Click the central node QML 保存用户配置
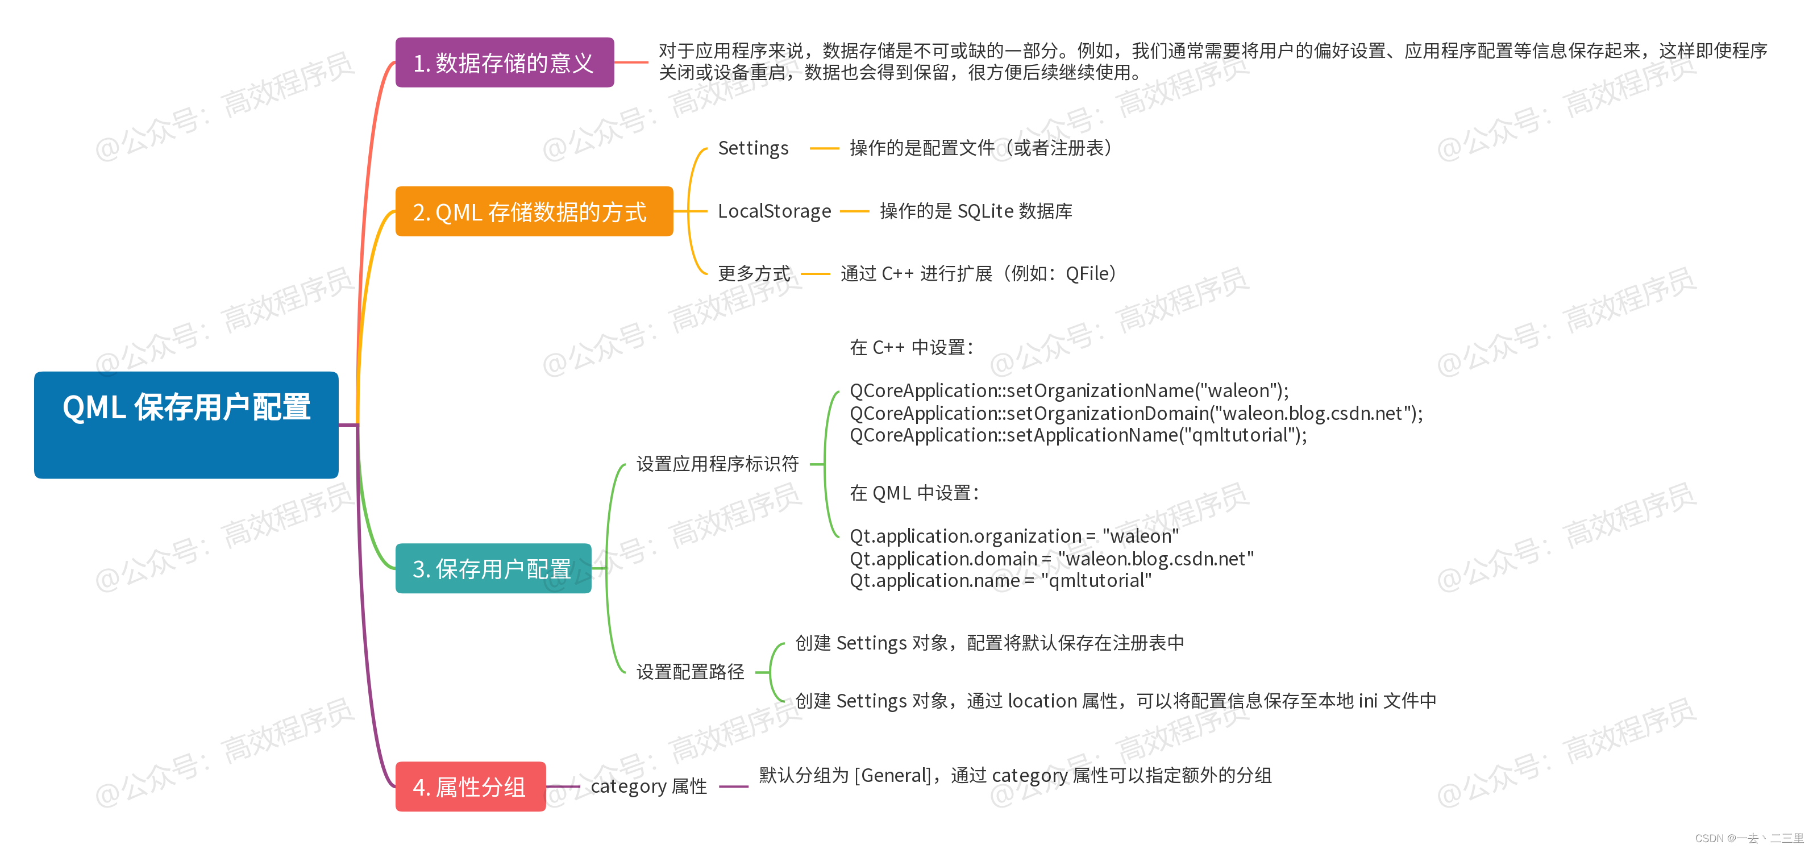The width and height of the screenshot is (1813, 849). [186, 424]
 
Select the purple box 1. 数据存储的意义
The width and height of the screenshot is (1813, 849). [504, 63]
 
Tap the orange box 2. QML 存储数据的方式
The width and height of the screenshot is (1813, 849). [534, 211]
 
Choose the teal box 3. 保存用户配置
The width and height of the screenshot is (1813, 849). [493, 568]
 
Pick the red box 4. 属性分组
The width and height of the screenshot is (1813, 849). [470, 786]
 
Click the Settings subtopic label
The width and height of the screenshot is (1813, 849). [753, 148]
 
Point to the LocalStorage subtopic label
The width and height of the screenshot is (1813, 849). [774, 211]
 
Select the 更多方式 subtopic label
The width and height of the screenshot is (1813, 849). [754, 273]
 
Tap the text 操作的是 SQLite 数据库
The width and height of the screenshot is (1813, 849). [975, 211]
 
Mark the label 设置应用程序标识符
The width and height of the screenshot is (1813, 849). [717, 464]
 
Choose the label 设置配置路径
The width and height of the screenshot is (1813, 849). [690, 672]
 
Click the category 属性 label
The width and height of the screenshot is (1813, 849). [648, 786]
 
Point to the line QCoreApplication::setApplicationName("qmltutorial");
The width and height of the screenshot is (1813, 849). [1078, 436]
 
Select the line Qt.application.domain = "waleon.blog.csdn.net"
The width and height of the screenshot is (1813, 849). [1051, 559]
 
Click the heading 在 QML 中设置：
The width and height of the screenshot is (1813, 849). [913, 493]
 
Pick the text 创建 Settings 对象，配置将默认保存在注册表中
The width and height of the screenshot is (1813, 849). [989, 643]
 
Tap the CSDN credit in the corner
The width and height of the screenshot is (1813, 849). [1748, 838]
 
